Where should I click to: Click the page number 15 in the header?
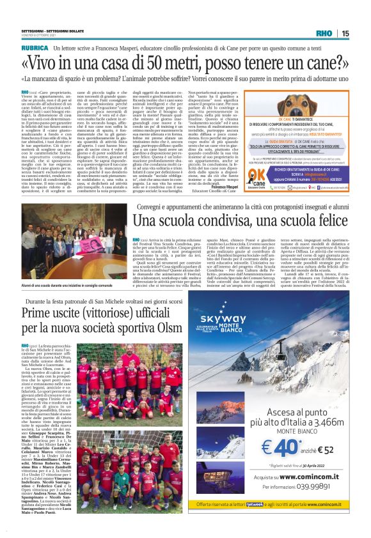click(362, 33)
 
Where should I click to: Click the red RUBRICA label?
click(36, 48)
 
